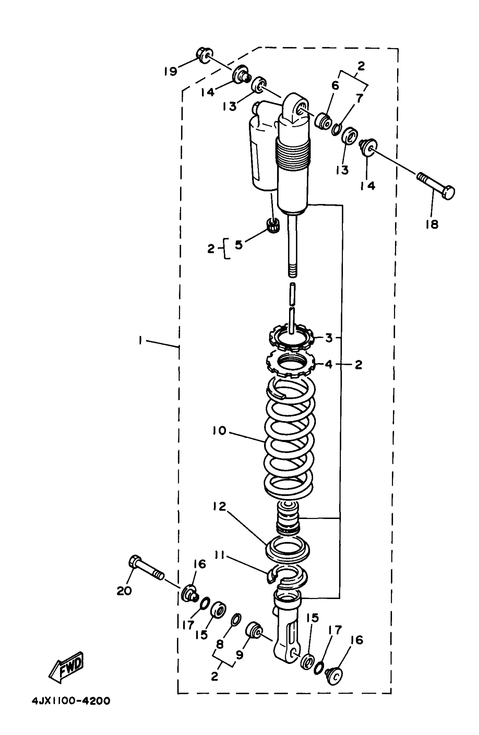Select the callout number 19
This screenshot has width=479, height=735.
(170, 72)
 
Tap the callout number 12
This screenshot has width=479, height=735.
(219, 507)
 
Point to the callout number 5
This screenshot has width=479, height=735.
(239, 245)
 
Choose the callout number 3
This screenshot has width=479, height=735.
(329, 338)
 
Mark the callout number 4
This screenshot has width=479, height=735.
(329, 364)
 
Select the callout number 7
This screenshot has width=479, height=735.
(360, 98)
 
